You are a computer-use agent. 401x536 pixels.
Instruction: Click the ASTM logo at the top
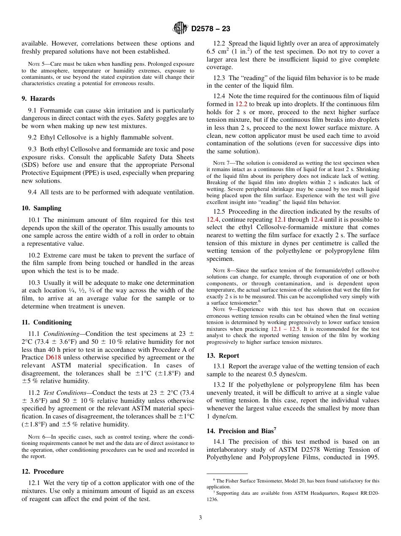point(181,29)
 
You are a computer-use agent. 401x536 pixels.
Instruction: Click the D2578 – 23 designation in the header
point(210,29)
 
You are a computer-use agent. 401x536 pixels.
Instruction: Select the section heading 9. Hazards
point(38,99)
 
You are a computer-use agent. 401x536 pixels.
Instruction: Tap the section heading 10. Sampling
point(41,208)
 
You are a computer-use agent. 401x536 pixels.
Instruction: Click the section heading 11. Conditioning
point(46,322)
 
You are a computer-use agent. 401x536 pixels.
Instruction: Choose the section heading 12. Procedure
point(43,472)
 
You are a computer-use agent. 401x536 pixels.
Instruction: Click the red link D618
point(53,357)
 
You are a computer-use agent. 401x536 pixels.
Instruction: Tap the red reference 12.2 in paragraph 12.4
point(241,104)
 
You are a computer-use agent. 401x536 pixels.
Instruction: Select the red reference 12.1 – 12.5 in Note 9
point(285,329)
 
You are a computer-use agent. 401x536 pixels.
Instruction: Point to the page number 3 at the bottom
point(200,517)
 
